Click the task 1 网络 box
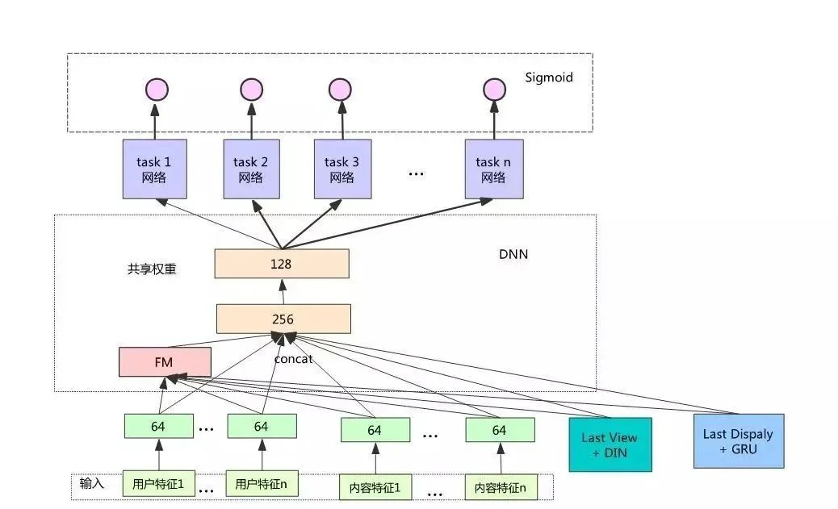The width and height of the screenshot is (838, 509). pyautogui.click(x=154, y=169)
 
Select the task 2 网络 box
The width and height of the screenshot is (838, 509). pyautogui.click(x=251, y=169)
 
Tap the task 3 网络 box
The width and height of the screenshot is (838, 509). pyautogui.click(x=342, y=169)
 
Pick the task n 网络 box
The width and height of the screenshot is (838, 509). pyautogui.click(x=494, y=169)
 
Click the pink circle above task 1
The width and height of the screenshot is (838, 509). pyautogui.click(x=157, y=90)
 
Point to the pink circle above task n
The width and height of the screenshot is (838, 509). pyautogui.click(x=494, y=90)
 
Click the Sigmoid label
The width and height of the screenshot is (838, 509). pyautogui.click(x=549, y=77)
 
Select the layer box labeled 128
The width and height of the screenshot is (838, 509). pyautogui.click(x=282, y=263)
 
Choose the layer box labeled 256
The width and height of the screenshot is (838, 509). pyautogui.click(x=283, y=319)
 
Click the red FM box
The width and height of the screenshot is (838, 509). pyautogui.click(x=165, y=362)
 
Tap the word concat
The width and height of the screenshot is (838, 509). pyautogui.click(x=293, y=359)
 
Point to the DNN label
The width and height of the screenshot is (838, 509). pyautogui.click(x=513, y=254)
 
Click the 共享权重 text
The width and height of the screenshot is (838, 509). pyautogui.click(x=152, y=269)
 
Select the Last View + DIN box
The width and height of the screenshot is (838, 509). pyautogui.click(x=610, y=444)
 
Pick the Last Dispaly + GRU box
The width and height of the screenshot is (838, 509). pyautogui.click(x=739, y=441)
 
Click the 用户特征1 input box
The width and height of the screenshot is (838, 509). pyautogui.click(x=159, y=483)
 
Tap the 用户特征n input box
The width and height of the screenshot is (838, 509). pyautogui.click(x=262, y=483)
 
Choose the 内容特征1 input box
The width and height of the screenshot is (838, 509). pyautogui.click(x=375, y=487)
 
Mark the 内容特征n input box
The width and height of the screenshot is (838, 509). pyautogui.click(x=501, y=487)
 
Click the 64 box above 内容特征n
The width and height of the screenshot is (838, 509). pyautogui.click(x=500, y=430)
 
